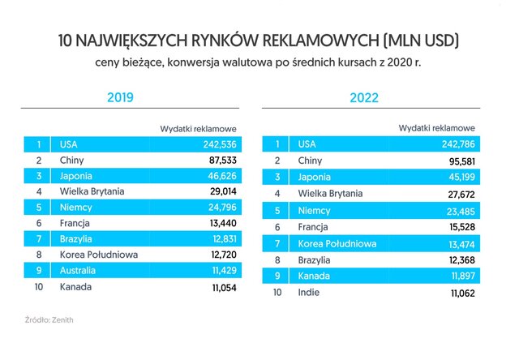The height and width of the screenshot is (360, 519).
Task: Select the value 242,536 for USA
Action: [x=217, y=144]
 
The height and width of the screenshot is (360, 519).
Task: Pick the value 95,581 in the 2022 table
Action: [x=459, y=161]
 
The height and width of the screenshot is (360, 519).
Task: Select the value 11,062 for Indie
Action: [x=459, y=292]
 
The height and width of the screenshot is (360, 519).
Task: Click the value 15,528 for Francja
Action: [x=459, y=227]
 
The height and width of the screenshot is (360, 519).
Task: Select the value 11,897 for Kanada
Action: [x=459, y=276]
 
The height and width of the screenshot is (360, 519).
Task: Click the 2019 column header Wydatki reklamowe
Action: [x=198, y=128]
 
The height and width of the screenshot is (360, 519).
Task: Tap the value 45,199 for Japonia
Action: [x=459, y=177]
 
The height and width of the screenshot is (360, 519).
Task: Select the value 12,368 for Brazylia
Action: [x=459, y=259]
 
